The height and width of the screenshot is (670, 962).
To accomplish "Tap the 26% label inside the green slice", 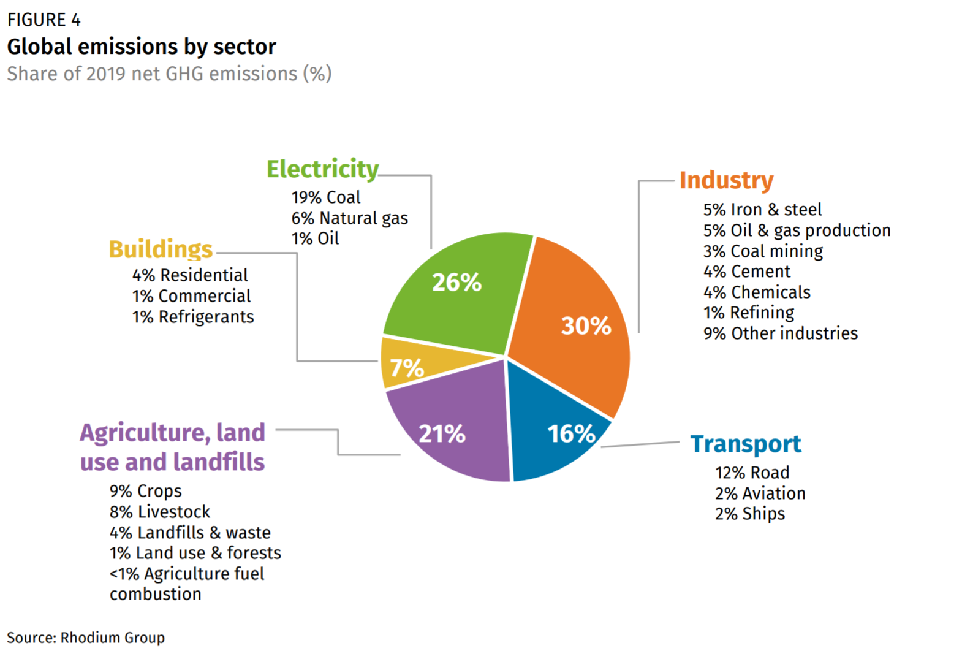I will click(x=456, y=283).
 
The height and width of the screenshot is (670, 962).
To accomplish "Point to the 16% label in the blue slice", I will click(x=570, y=434).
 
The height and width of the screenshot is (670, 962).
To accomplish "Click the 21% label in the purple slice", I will click(x=442, y=434).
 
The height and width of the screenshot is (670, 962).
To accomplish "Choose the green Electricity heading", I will click(x=322, y=169).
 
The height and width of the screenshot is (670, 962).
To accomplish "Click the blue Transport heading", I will click(x=745, y=444).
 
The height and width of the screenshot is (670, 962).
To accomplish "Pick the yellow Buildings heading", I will click(x=161, y=249).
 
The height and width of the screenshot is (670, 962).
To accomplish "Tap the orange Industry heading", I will click(x=726, y=180).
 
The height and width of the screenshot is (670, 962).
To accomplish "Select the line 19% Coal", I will click(x=325, y=197).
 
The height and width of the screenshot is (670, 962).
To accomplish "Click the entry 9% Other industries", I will click(x=780, y=333).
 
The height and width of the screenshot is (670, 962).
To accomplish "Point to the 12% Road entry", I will click(x=752, y=473).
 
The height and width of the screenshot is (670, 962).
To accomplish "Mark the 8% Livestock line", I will click(x=159, y=512).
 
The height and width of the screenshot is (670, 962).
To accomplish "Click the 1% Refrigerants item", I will click(x=192, y=317).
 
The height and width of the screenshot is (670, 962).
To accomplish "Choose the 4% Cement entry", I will click(x=746, y=272).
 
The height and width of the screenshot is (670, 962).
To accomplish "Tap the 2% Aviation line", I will click(x=760, y=493).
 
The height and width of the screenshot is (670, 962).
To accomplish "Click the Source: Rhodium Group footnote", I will click(x=86, y=638).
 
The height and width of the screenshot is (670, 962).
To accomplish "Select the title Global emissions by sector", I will click(x=142, y=47).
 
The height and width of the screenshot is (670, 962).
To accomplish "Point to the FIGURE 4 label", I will click(x=44, y=20).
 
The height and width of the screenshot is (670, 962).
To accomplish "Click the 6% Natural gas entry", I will click(x=349, y=218).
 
